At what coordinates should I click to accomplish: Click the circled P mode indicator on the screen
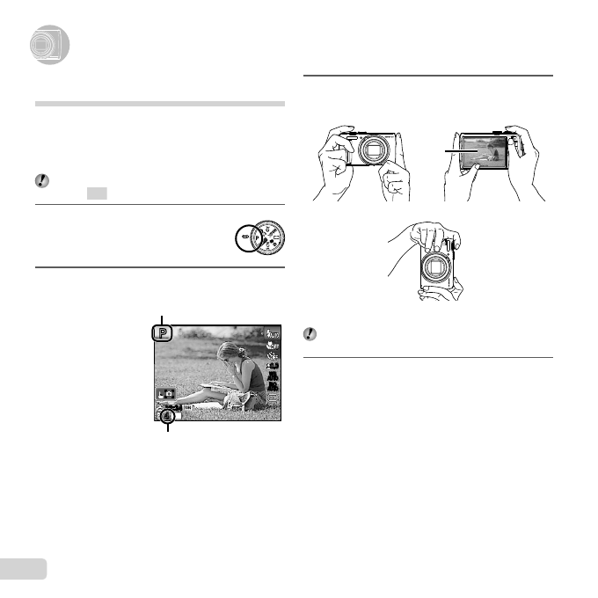coord(162,333)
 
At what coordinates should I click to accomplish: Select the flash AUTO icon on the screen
coord(273,332)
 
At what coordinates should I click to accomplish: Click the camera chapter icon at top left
coord(44,47)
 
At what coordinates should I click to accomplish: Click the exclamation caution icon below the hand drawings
coord(311,334)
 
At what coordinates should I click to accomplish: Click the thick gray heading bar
coord(159,104)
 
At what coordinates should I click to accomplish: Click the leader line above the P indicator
coord(162,318)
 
